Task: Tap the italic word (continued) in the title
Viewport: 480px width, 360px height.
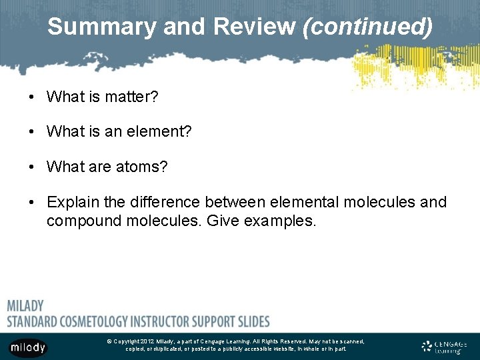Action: pos(367,27)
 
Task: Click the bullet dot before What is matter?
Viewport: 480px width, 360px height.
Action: pos(31,97)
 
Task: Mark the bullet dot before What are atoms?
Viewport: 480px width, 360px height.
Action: pos(31,167)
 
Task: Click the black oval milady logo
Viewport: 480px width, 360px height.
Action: pos(27,347)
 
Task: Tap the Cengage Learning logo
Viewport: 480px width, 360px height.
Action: pos(444,347)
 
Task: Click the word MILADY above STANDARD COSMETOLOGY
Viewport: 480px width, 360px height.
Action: pos(25,306)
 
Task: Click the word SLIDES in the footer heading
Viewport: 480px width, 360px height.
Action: pos(252,321)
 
